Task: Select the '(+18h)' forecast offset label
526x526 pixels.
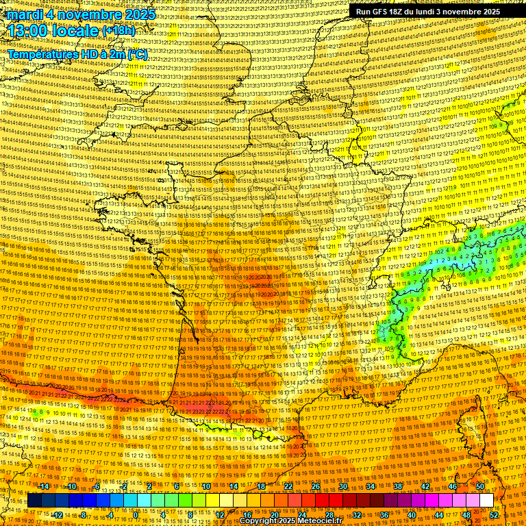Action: (x=118, y=32)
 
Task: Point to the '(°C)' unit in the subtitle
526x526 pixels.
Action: (x=137, y=54)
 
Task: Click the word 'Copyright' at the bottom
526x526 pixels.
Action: (x=258, y=521)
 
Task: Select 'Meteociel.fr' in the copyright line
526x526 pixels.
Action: (x=324, y=521)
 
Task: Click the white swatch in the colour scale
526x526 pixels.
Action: (x=486, y=501)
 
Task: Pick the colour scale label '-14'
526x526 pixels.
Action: (x=45, y=486)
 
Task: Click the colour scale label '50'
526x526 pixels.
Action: (x=480, y=486)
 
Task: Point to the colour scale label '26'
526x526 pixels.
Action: (x=316, y=486)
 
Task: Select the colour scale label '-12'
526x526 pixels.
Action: (x=58, y=515)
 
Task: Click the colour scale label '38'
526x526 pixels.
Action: (x=398, y=486)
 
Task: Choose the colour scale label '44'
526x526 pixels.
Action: (x=439, y=515)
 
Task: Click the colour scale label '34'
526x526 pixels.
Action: (x=371, y=486)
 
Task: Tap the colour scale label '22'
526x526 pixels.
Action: (x=288, y=486)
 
